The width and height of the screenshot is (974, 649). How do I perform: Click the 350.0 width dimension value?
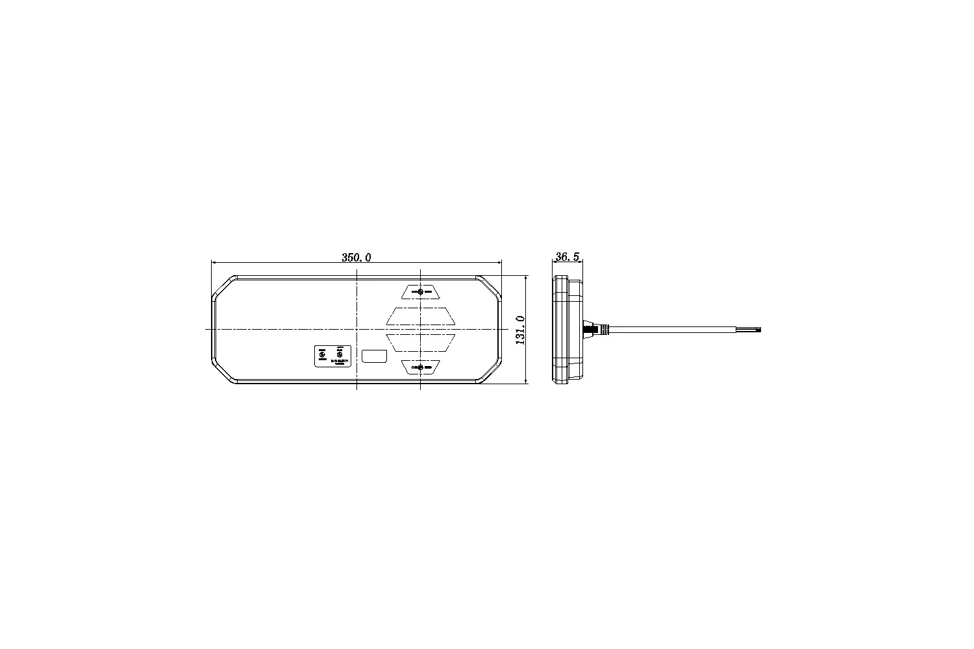point(356,258)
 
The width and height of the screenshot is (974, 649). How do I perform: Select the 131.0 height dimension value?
point(519,330)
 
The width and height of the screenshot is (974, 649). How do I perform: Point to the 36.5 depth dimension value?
point(567,258)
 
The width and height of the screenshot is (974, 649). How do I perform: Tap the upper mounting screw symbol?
point(421,291)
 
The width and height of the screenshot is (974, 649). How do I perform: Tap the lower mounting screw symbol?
point(421,368)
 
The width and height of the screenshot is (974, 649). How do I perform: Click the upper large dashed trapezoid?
point(421,316)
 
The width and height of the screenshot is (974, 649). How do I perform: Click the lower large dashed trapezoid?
point(421,343)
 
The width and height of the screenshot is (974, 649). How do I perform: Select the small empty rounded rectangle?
point(375,356)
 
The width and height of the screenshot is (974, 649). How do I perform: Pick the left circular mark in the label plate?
point(322,354)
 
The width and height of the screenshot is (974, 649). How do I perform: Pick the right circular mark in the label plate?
point(338,354)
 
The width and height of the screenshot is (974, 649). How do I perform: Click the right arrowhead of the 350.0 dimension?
point(499,263)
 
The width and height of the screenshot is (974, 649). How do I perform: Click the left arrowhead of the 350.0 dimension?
point(215,263)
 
